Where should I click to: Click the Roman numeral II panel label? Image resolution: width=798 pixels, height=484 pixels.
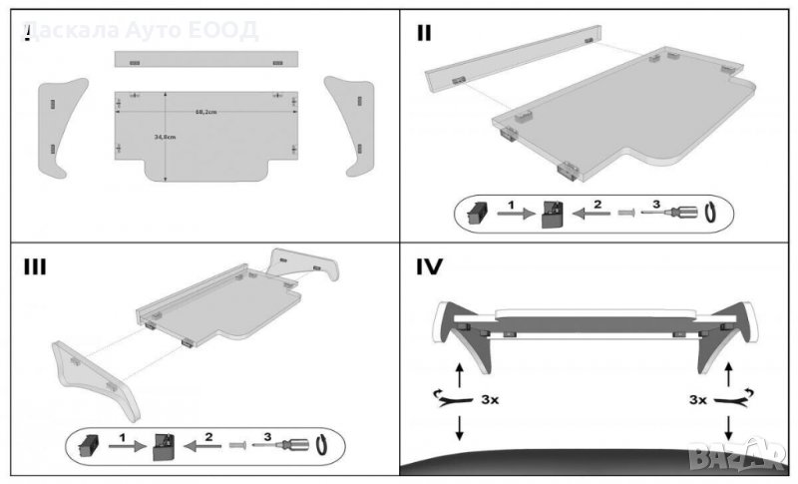click(424, 33)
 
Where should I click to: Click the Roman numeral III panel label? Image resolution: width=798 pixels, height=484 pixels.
click(34, 267)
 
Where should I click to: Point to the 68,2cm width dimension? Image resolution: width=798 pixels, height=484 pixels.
click(206, 111)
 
